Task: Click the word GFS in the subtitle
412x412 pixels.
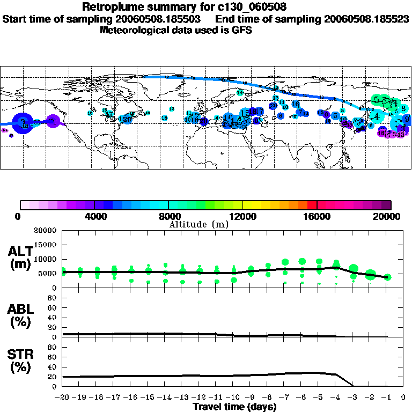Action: (241, 31)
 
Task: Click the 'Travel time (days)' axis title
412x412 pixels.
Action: (234, 407)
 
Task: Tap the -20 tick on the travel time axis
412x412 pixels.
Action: (63, 398)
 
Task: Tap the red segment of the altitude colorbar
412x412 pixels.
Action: (312, 205)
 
